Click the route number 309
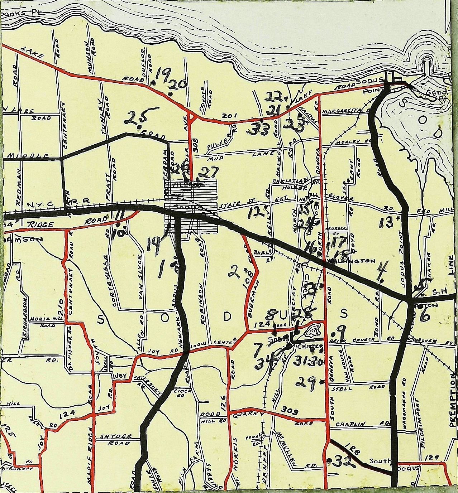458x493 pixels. pyautogui.click(x=290, y=409)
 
